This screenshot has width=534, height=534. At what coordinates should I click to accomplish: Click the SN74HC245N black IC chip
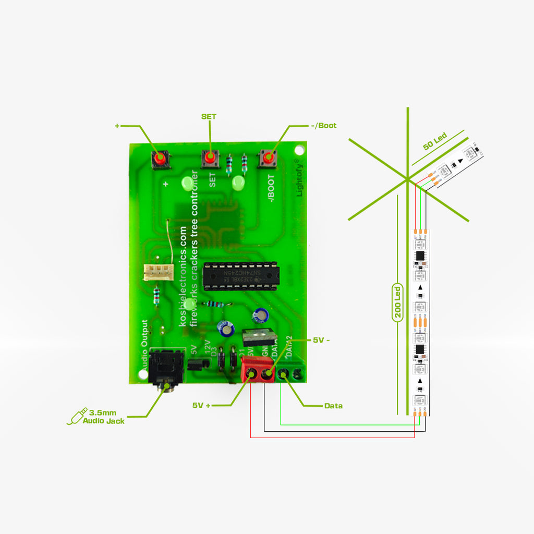tap(241, 275)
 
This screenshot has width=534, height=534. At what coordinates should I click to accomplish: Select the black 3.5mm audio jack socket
tap(166, 369)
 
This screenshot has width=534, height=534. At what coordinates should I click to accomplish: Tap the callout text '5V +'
tap(201, 405)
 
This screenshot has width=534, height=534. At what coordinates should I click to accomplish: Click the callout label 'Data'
tap(333, 405)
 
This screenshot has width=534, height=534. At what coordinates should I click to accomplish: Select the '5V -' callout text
tap(321, 339)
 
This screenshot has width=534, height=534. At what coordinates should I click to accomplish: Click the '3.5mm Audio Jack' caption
tap(106, 416)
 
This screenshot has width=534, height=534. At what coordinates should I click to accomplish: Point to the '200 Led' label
tap(397, 303)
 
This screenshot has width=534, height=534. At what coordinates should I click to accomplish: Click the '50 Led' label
tap(435, 142)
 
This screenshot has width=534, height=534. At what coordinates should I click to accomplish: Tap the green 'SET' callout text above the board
tap(209, 116)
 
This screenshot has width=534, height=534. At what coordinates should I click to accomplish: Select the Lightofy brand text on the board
tap(299, 177)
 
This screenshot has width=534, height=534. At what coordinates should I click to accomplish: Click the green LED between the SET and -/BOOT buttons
tap(238, 183)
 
